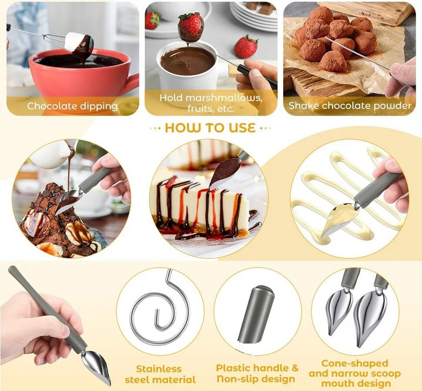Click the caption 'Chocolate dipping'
click(x=72, y=106)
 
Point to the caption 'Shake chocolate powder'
click(x=350, y=106)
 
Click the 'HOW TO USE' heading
click(x=210, y=128)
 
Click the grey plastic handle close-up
click(x=256, y=314)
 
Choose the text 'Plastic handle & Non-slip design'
click(x=257, y=373)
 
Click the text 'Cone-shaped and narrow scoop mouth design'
click(x=354, y=373)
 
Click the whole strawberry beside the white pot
click(x=246, y=47)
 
